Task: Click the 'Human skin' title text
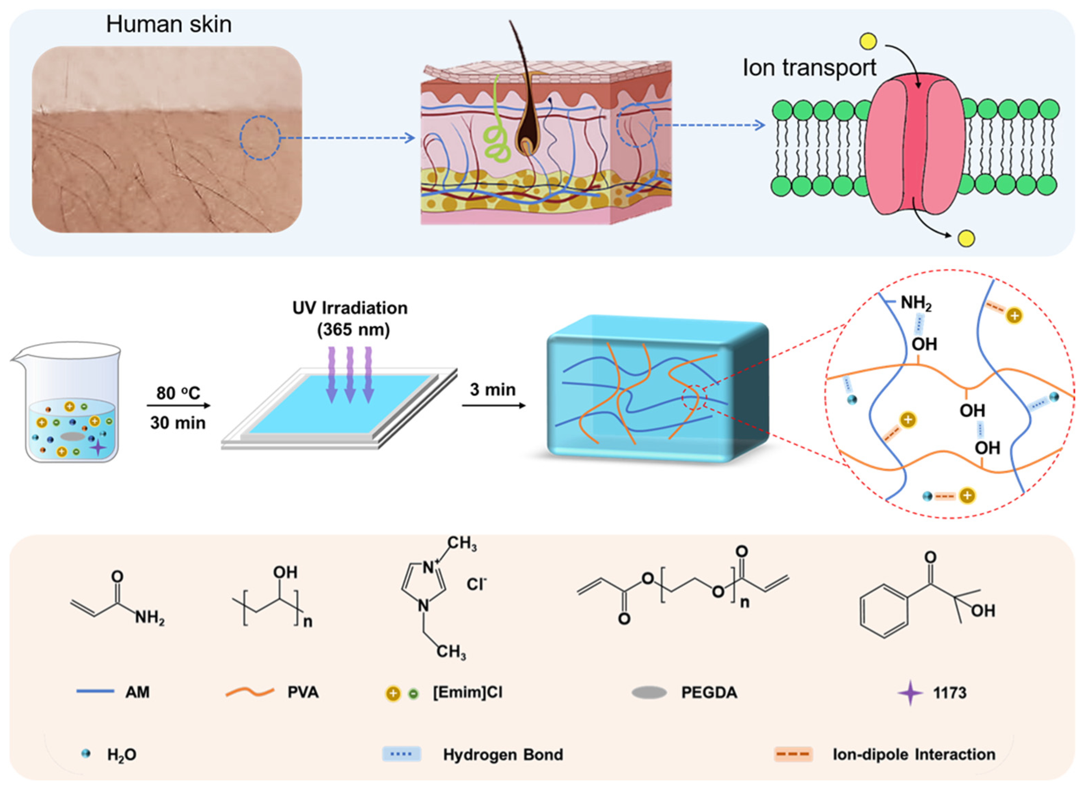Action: [x=168, y=24]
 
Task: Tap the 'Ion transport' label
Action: [x=809, y=68]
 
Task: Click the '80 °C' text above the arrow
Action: [x=178, y=393]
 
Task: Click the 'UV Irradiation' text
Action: [x=350, y=308]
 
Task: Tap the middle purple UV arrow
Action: [x=350, y=374]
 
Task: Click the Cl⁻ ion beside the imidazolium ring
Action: [x=476, y=584]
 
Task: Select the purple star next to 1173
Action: [x=910, y=693]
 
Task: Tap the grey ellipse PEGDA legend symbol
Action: [x=649, y=693]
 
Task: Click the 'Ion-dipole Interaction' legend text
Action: [x=914, y=754]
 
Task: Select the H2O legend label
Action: [x=121, y=755]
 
